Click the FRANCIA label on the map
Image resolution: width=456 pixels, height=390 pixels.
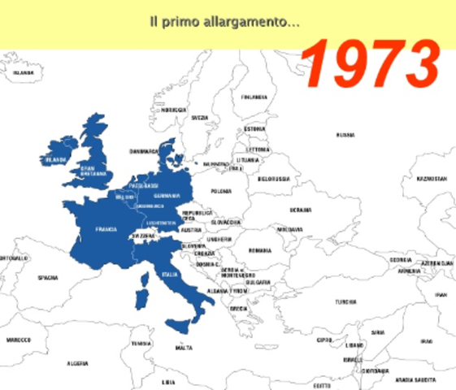click(105, 228)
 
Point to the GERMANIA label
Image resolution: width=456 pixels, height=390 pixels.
click(167, 196)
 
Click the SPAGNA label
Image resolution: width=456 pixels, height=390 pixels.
click(48, 278)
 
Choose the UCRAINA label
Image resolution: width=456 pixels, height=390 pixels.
click(301, 209)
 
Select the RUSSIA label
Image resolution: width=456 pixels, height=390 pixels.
click(345, 136)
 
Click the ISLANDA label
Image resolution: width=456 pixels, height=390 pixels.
click(23, 72)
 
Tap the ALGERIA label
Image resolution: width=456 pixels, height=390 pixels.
click(76, 363)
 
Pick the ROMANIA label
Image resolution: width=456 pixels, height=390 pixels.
click(260, 250)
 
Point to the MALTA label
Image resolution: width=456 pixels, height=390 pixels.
click(185, 347)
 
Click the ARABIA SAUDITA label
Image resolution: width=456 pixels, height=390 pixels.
click(414, 379)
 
